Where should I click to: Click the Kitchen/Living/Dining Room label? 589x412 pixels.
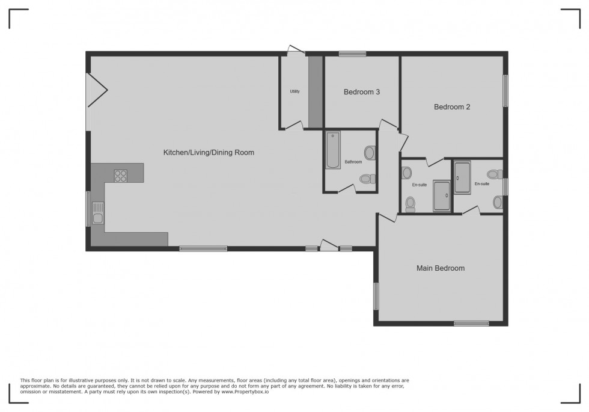[209, 153]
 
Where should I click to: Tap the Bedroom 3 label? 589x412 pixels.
[362, 92]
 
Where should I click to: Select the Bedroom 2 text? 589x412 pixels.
[452, 107]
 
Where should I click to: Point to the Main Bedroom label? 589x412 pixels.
[441, 268]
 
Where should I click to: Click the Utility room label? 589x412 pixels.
[294, 91]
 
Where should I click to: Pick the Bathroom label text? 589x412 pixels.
[353, 162]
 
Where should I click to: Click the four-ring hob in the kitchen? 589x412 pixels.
[121, 176]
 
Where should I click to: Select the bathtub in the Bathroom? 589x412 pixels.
[333, 150]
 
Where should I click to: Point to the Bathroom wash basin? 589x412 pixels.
[370, 153]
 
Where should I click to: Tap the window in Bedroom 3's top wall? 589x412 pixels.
[352, 54]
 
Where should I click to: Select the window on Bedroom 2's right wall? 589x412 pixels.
[505, 90]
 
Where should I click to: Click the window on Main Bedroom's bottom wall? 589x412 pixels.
[471, 324]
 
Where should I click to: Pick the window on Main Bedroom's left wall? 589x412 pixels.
[376, 296]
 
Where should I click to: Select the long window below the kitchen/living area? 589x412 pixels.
[203, 248]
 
